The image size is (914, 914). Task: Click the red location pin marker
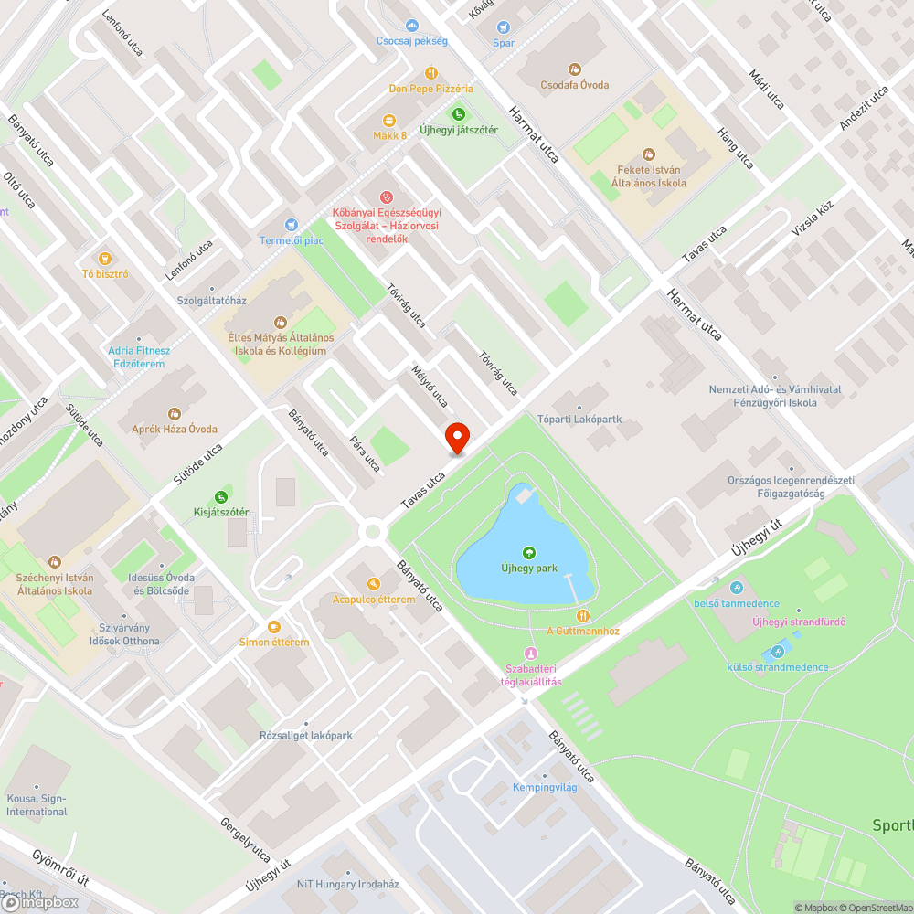456,438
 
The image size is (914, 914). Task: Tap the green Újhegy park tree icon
528,552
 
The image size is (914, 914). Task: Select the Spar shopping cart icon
504,27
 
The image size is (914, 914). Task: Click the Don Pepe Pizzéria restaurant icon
430,73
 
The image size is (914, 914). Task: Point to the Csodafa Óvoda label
574,85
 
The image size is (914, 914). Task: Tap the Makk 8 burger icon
389,120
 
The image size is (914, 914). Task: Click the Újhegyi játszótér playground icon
458,114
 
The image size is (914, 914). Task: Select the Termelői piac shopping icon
291,225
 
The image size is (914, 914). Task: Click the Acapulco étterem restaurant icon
373,584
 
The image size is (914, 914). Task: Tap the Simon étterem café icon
274,626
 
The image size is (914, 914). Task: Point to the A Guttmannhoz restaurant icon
583,616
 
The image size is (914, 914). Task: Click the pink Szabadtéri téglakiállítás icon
531,653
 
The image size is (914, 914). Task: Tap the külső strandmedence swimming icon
778,652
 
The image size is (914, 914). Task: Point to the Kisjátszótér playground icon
220,496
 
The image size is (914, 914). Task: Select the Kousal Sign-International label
37,804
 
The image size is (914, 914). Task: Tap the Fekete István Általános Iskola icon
649,154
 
